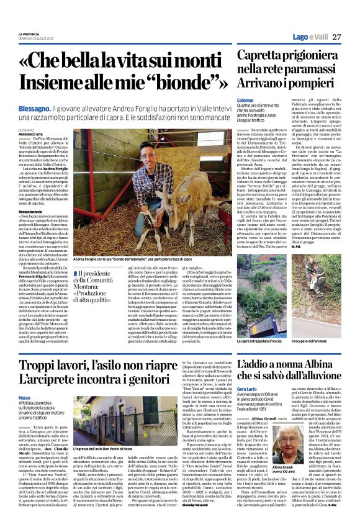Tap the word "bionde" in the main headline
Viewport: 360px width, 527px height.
192,82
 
